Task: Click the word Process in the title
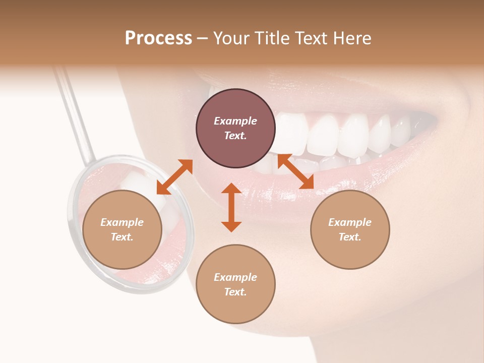[x=158, y=38]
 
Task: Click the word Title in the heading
[x=270, y=38]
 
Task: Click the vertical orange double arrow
[x=231, y=207]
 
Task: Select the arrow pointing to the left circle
[x=174, y=177]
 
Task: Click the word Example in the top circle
[x=235, y=121]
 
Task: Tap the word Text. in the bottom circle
[x=235, y=292]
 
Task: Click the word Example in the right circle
[x=350, y=222]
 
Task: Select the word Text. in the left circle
[x=122, y=237]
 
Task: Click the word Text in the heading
[x=309, y=38]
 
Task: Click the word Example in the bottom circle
[x=235, y=277]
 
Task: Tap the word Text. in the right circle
[x=350, y=237]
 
